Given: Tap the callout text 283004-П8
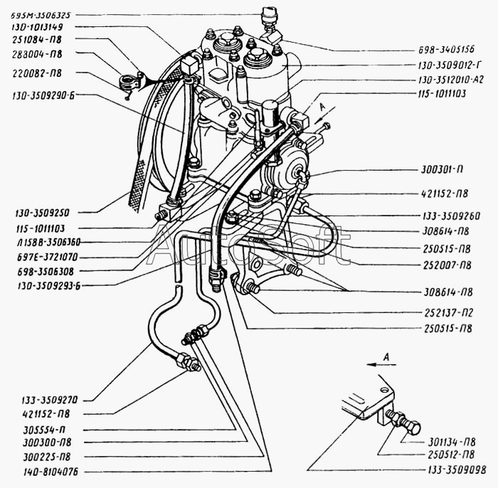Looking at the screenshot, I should pyautogui.click(x=37, y=53).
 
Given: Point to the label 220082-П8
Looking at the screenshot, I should pyautogui.click(x=37, y=73).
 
